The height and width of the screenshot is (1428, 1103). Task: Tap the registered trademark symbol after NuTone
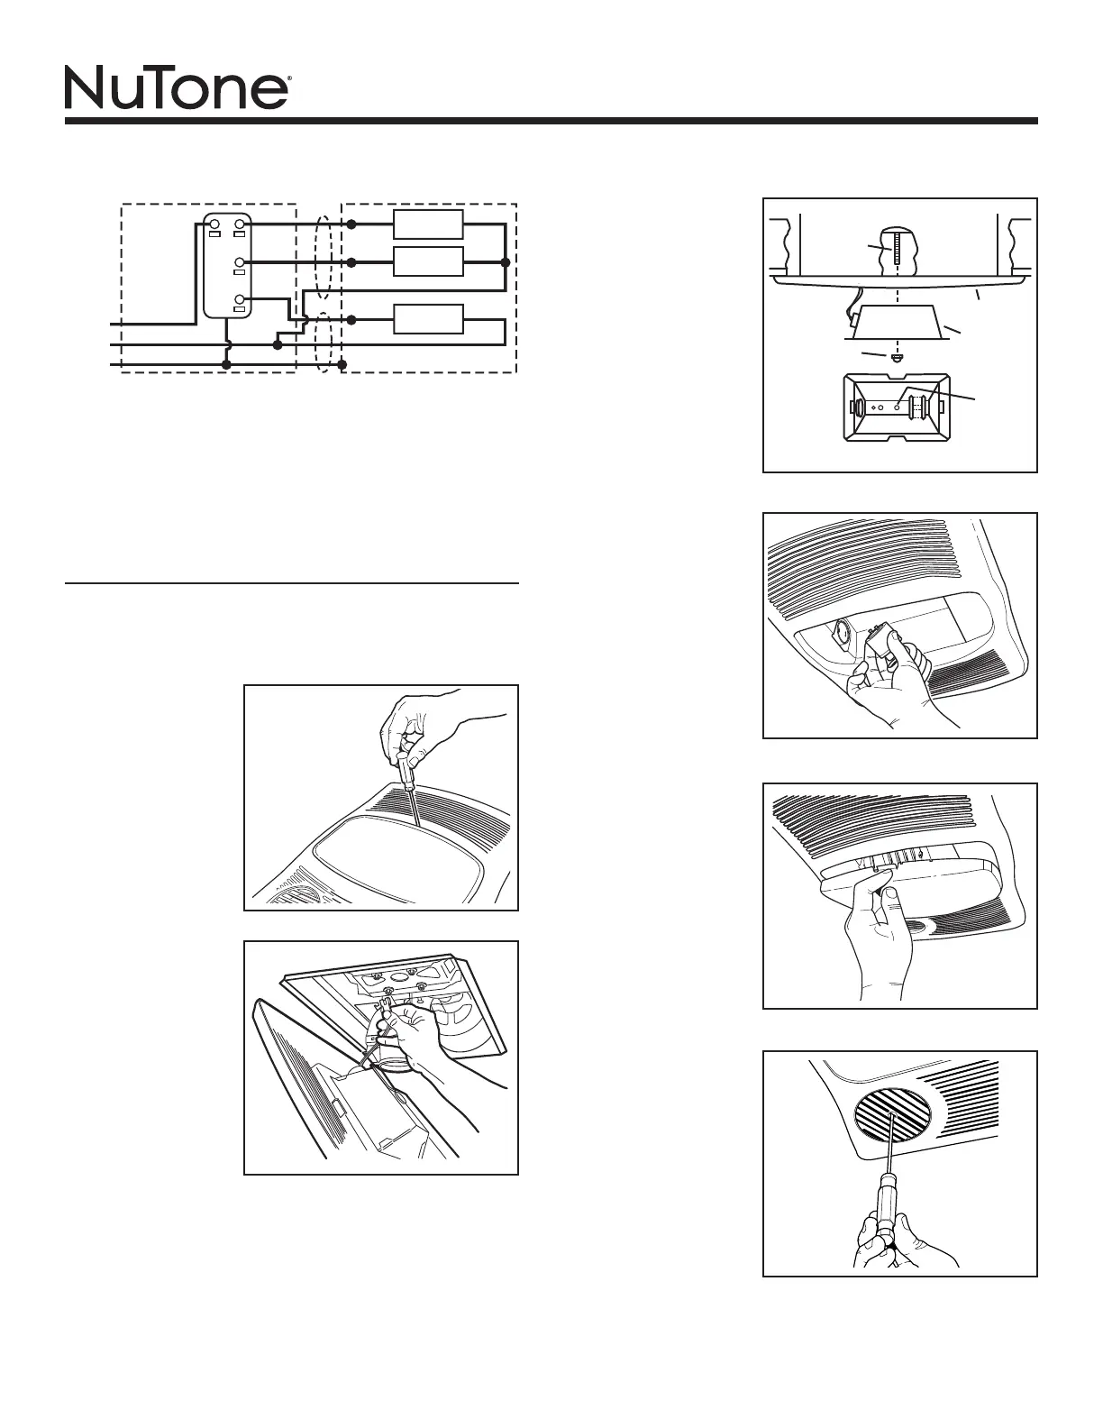[x=288, y=79]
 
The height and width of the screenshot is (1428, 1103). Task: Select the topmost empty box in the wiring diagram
[x=429, y=224]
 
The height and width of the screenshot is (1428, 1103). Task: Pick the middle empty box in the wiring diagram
[x=429, y=261]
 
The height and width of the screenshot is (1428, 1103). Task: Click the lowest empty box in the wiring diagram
[x=429, y=319]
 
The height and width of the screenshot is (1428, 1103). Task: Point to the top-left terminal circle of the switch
[x=215, y=223]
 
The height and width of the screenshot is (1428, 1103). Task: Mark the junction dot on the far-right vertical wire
[x=505, y=262]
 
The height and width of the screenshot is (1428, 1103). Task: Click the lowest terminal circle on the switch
[x=240, y=299]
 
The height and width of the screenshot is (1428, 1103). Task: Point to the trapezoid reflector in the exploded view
[x=896, y=323]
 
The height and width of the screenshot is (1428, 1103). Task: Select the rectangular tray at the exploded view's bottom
[x=898, y=407]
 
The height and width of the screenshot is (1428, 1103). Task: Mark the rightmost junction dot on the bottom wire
[x=342, y=364]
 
